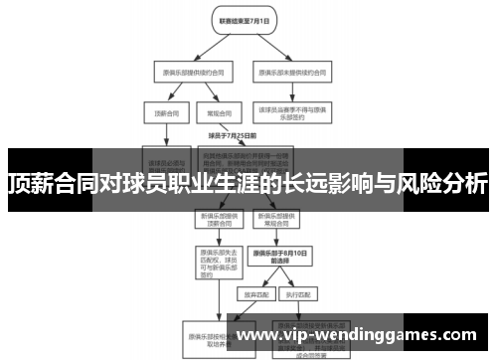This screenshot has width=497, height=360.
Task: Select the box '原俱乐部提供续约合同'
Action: (184, 72)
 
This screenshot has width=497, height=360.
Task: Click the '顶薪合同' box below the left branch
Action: (163, 113)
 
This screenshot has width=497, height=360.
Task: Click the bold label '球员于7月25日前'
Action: (232, 135)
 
